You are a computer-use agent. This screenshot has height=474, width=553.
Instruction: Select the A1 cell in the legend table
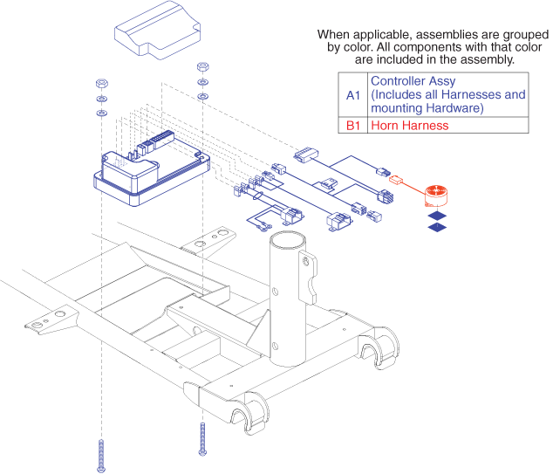click(x=352, y=94)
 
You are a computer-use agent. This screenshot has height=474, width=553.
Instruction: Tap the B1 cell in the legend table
click(x=352, y=126)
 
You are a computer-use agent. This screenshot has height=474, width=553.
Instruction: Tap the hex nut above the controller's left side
click(x=100, y=83)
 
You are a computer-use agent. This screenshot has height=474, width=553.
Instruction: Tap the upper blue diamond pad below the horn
click(x=436, y=215)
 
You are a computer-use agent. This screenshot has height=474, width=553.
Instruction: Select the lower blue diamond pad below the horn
click(x=436, y=228)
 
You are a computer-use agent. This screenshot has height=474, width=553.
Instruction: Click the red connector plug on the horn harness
click(x=397, y=182)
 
